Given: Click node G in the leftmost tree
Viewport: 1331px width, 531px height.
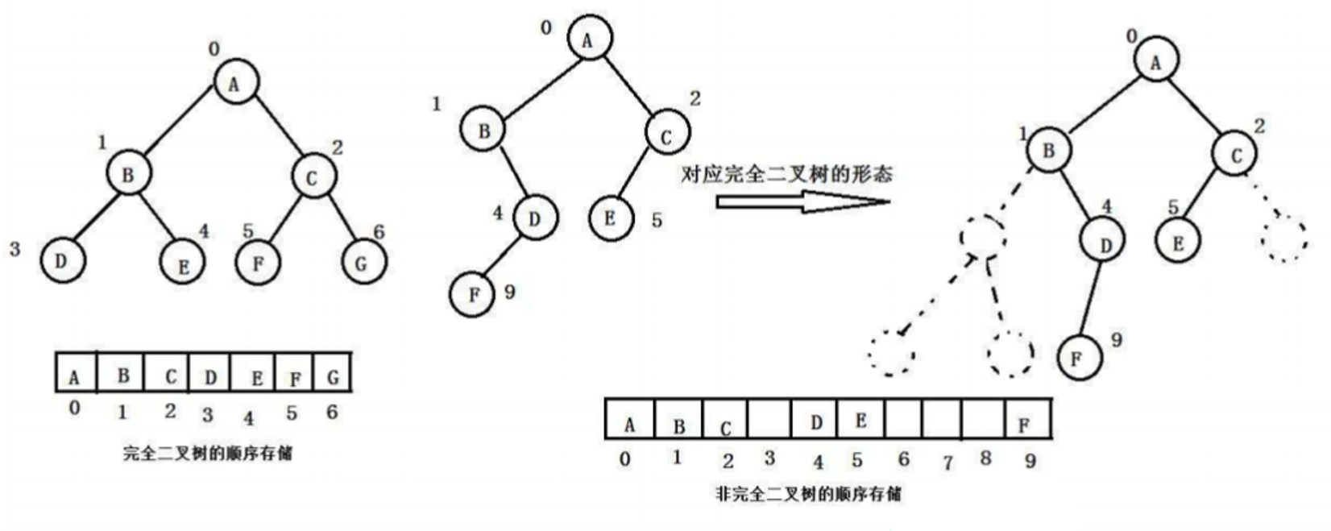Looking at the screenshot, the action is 362,262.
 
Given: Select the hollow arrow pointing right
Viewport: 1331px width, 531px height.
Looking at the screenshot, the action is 802,201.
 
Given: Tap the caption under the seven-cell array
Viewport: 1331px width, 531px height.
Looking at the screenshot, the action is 207,454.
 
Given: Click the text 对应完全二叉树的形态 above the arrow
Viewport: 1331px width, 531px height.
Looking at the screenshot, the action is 786,173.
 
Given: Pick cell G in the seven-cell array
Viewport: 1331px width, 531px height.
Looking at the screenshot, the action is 332,373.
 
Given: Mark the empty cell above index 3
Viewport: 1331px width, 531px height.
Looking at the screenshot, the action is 769,419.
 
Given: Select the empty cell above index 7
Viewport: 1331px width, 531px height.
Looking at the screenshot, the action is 942,419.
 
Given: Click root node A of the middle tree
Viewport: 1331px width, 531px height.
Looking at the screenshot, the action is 589,39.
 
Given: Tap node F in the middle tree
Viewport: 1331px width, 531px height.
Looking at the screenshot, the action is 474,295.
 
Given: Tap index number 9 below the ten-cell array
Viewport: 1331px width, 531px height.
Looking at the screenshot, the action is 1030,461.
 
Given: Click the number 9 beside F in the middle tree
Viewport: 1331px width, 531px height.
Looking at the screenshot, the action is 509,292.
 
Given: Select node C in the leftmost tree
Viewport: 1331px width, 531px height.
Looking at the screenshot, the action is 313,178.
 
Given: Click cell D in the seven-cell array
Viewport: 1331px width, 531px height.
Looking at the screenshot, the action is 209,374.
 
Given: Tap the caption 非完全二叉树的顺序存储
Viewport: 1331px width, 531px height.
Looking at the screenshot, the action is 808,493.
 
